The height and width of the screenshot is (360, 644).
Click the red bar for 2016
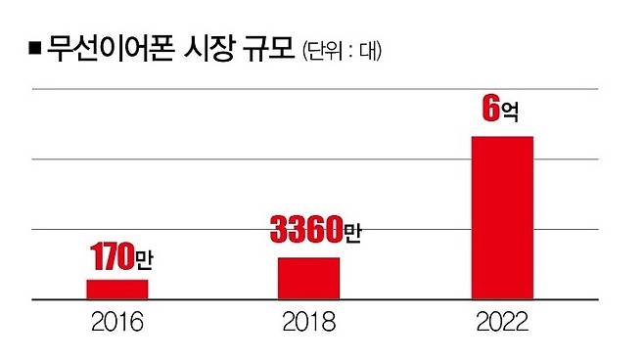[116, 289]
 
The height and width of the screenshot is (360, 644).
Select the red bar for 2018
[308, 278]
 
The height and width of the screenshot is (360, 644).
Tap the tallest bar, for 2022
[502, 217]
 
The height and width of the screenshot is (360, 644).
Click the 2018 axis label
[309, 324]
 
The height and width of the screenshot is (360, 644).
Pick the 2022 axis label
[502, 324]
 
